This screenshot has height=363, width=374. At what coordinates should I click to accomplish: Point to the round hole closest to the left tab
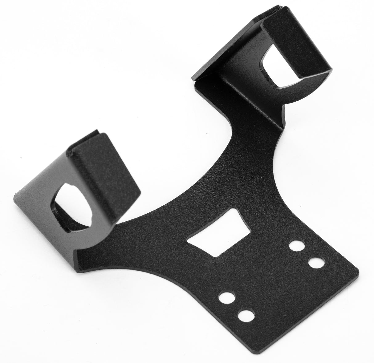point(226,298)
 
